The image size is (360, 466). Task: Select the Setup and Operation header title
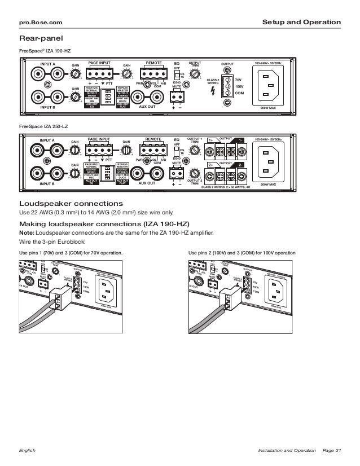(302, 23)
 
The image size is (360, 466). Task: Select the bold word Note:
(27, 231)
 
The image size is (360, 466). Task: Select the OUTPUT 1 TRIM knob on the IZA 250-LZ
(195, 151)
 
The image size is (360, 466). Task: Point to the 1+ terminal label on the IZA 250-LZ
(210, 140)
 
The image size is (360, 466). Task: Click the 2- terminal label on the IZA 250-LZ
(239, 165)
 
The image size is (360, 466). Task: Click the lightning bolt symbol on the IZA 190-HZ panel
(212, 91)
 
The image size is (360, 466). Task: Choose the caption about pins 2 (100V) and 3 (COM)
(242, 252)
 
